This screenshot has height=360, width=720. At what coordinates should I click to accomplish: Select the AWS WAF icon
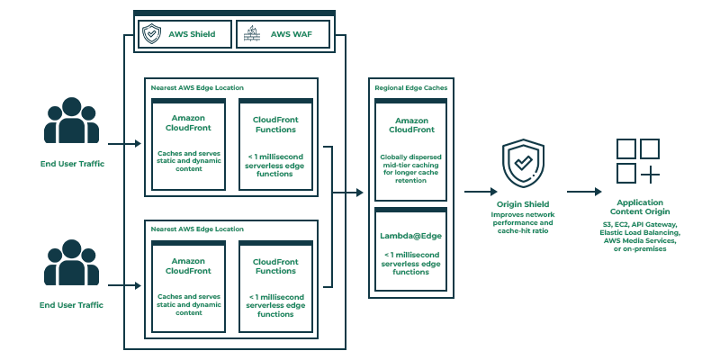[x=252, y=35]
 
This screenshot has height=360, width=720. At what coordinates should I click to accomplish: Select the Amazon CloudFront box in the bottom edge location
[x=187, y=285]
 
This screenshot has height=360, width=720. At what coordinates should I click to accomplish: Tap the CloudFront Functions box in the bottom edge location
[x=276, y=285]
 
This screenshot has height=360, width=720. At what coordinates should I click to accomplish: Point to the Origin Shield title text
[x=523, y=204]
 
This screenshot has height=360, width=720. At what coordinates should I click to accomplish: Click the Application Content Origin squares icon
[x=637, y=160]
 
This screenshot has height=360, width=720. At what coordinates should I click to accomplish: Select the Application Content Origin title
[x=641, y=208]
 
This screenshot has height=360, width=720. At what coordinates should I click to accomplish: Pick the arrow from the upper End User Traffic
[x=124, y=143]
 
